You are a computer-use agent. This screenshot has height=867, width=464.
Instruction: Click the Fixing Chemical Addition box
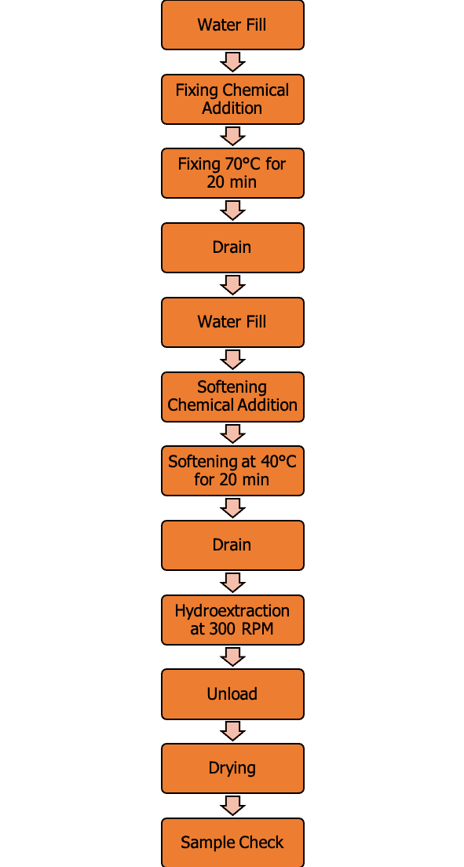click(232, 100)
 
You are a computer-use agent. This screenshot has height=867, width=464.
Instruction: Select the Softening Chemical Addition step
click(232, 397)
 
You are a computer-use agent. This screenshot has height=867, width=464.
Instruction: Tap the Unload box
click(232, 694)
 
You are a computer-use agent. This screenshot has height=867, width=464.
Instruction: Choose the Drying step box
click(232, 768)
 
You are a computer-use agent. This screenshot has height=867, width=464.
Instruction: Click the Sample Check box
click(232, 842)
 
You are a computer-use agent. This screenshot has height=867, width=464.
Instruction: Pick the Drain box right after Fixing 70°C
click(232, 247)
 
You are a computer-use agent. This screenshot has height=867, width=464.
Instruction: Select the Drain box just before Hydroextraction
click(232, 545)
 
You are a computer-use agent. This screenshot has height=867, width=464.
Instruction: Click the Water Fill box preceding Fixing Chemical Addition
click(232, 25)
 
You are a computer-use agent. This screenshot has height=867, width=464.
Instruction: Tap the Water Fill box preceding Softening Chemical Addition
click(232, 322)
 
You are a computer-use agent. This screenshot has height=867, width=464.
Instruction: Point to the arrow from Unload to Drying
click(232, 731)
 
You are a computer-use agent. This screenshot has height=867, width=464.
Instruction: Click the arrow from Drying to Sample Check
click(232, 806)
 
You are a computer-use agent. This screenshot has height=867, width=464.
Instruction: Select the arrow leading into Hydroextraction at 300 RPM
click(232, 582)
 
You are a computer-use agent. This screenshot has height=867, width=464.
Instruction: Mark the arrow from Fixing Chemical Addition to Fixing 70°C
click(232, 136)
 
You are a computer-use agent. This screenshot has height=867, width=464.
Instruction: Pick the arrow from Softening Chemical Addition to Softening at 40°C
click(232, 433)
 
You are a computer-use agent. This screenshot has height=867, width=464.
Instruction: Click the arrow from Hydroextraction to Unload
click(232, 657)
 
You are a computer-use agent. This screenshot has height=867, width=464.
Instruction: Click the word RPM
click(258, 629)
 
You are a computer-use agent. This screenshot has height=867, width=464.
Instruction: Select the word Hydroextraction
click(232, 611)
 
